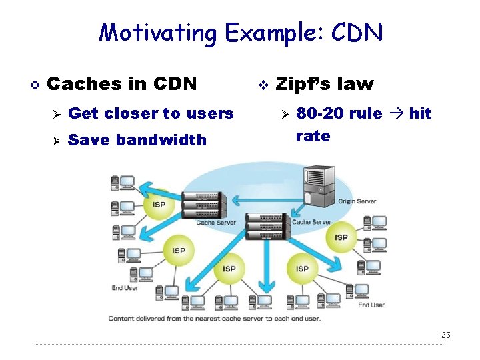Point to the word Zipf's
tap(303, 84)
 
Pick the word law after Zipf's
tap(356, 84)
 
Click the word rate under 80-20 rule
tap(313, 136)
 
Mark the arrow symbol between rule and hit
tap(395, 113)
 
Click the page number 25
tap(446, 335)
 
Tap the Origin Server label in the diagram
tap(357, 201)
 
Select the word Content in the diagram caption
tap(124, 318)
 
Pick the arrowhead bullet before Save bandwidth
tap(56, 141)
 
